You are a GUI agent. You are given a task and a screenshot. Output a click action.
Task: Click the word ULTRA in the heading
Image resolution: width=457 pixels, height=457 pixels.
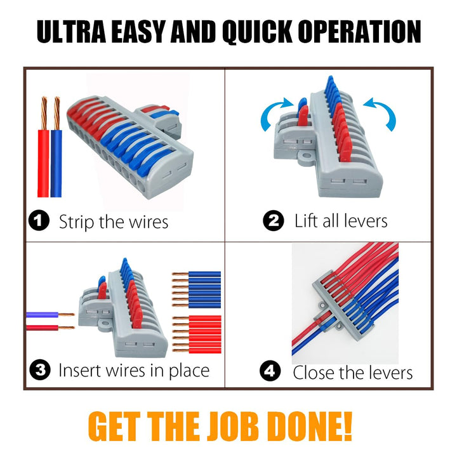coord(71,32)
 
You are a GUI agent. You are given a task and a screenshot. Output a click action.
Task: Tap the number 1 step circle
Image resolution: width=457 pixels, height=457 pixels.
coord(39,221)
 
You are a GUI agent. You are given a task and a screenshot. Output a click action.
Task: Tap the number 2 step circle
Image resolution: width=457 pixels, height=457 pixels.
coord(274,221)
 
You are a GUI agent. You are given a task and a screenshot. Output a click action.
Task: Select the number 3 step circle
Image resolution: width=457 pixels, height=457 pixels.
coord(40,370)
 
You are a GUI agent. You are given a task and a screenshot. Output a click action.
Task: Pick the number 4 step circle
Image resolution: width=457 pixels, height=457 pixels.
coord(270,371)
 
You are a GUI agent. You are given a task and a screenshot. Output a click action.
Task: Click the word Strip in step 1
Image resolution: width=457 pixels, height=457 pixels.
coord(77,222)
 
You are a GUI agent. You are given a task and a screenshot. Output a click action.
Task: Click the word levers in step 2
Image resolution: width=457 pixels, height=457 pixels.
coord(365,221)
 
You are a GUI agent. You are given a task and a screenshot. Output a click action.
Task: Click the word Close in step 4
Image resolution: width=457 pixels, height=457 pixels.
coord(312,373)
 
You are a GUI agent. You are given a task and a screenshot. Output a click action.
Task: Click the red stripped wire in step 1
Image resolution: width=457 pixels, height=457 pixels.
coord(43,147)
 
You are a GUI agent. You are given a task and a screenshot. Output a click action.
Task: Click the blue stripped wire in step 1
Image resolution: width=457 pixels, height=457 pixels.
coord(56,147)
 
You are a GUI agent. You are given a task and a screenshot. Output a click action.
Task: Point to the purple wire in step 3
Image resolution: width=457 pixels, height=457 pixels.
coord(50,315)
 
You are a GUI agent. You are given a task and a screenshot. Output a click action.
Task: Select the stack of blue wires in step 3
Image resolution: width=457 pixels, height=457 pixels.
coord(196,289)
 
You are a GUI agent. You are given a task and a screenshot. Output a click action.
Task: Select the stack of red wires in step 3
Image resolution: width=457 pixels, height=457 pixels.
coord(196,334)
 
